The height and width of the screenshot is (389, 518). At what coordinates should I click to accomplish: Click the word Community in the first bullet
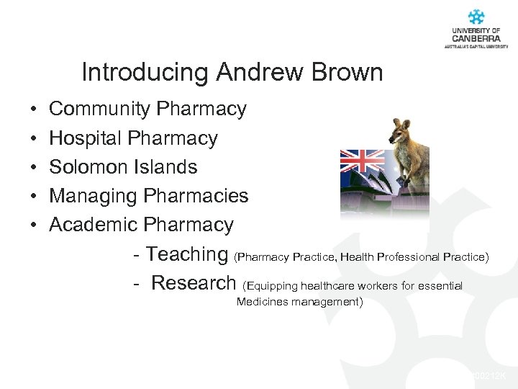pyautogui.click(x=99, y=109)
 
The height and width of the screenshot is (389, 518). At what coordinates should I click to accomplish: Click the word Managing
pyautogui.click(x=94, y=196)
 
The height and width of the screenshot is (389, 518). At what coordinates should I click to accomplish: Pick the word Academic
pyautogui.click(x=94, y=225)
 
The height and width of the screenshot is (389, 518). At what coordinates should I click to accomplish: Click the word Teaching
pyautogui.click(x=187, y=254)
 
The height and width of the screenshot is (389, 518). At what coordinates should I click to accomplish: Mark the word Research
pyautogui.click(x=194, y=283)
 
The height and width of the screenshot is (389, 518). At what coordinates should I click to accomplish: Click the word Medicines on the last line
pyautogui.click(x=262, y=302)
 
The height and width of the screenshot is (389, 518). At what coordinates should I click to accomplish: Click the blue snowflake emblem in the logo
pyautogui.click(x=476, y=17)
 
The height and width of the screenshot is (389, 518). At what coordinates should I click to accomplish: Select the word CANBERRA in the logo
pyautogui.click(x=476, y=37)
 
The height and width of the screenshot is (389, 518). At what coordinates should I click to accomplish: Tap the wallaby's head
pyautogui.click(x=399, y=132)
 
